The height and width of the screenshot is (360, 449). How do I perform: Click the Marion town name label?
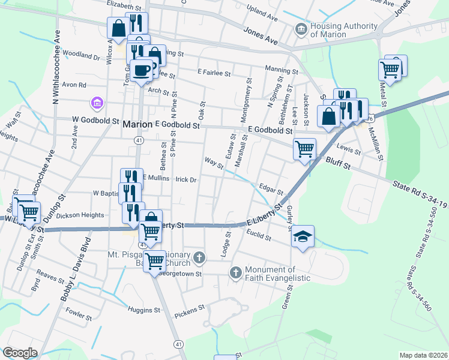[137, 125]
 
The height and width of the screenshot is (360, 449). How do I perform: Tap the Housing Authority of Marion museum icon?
[300, 29]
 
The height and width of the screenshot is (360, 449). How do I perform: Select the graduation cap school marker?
[303, 237]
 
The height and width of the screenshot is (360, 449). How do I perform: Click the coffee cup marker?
[142, 70]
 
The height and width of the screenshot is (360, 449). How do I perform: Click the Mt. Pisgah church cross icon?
[199, 258]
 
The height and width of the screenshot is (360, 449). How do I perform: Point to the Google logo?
[20, 353]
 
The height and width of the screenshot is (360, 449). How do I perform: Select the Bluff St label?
[337, 161]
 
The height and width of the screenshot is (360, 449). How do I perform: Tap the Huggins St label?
[144, 310]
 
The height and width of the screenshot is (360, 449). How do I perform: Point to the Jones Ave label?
[261, 35]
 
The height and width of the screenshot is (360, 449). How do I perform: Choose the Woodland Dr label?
[80, 56]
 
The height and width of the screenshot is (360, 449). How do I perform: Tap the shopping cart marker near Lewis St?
[304, 148]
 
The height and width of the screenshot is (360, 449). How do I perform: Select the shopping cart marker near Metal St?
[390, 70]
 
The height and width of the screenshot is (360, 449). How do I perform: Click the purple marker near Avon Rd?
[96, 104]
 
